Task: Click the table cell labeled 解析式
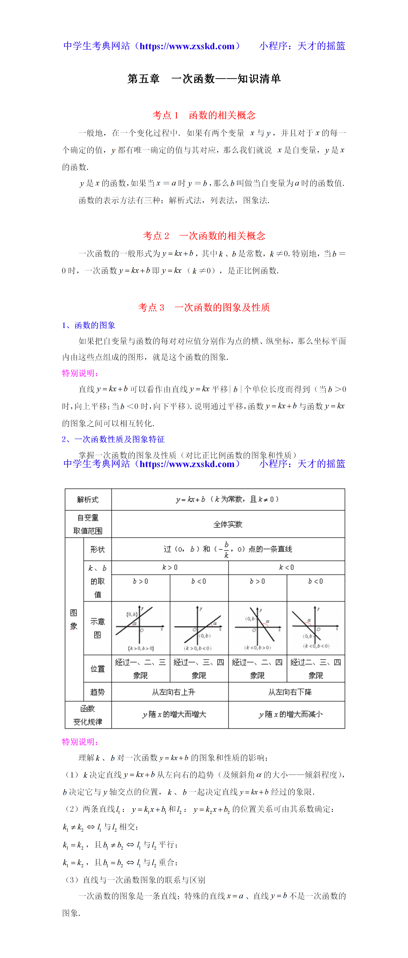88,499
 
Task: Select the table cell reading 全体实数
228,524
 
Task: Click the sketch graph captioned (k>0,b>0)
140,628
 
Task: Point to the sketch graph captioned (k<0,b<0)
315,628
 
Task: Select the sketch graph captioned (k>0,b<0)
199,628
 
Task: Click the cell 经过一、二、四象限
257,669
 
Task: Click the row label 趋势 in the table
97,692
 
